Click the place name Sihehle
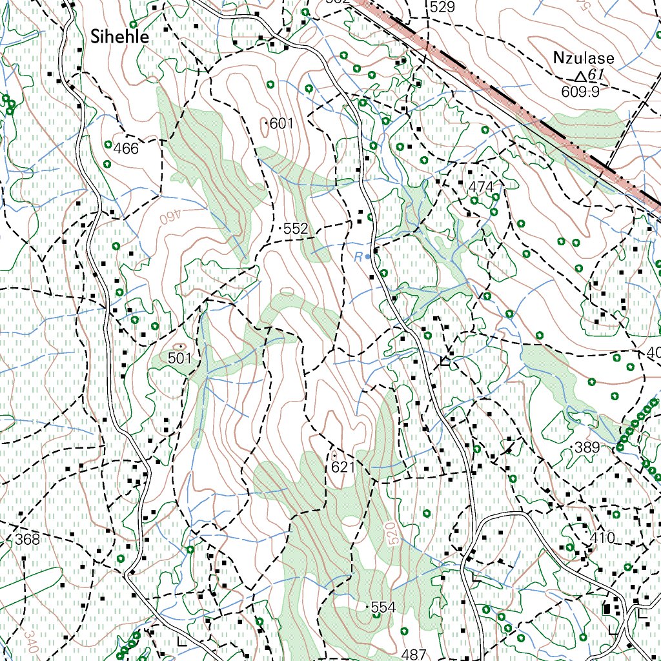[x=119, y=37]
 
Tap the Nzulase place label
[x=584, y=58]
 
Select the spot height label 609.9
[x=580, y=92]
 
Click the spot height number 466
[x=126, y=149]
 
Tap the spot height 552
[x=296, y=229]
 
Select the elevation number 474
[x=481, y=187]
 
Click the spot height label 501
[x=180, y=358]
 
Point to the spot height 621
[x=343, y=467]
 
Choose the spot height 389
[x=587, y=448]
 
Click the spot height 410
[x=602, y=537]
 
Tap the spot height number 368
[x=28, y=539]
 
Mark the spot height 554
[x=383, y=607]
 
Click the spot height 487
[x=414, y=654]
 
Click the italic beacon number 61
[x=596, y=75]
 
